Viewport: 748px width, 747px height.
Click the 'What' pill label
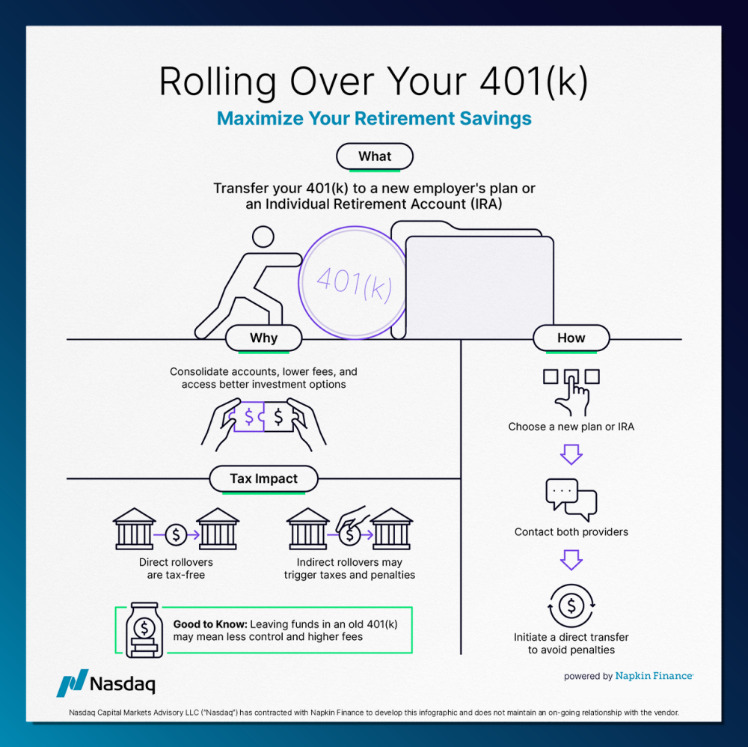375,156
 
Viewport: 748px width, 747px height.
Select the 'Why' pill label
263,338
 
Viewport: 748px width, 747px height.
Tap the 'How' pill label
571,338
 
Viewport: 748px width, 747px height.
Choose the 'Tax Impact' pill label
263,479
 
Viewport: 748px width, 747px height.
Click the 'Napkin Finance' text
654,676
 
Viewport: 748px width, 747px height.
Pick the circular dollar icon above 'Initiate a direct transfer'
571,604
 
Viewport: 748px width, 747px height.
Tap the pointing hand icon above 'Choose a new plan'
571,390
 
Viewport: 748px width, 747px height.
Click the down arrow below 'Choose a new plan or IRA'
571,454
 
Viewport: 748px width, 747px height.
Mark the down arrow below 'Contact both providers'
571,559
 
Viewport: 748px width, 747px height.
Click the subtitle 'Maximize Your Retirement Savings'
374,118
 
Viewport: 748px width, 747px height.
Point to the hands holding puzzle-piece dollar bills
263,422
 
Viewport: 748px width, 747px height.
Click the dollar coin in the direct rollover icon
176,534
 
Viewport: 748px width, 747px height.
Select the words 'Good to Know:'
209,623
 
